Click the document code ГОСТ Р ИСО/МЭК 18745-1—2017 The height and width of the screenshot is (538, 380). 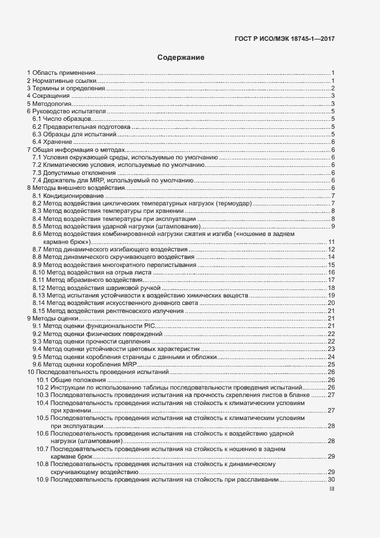285,39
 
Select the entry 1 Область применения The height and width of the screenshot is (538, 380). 61,73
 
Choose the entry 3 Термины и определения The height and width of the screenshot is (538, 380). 64,88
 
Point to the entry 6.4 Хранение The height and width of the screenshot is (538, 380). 52,142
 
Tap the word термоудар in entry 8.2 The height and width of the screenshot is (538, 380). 233,204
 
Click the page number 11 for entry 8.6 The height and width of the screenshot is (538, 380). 331,242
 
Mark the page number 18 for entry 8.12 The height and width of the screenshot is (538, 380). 331,287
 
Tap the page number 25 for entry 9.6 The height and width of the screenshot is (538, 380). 331,364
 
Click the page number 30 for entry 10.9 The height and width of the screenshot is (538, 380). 331,480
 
